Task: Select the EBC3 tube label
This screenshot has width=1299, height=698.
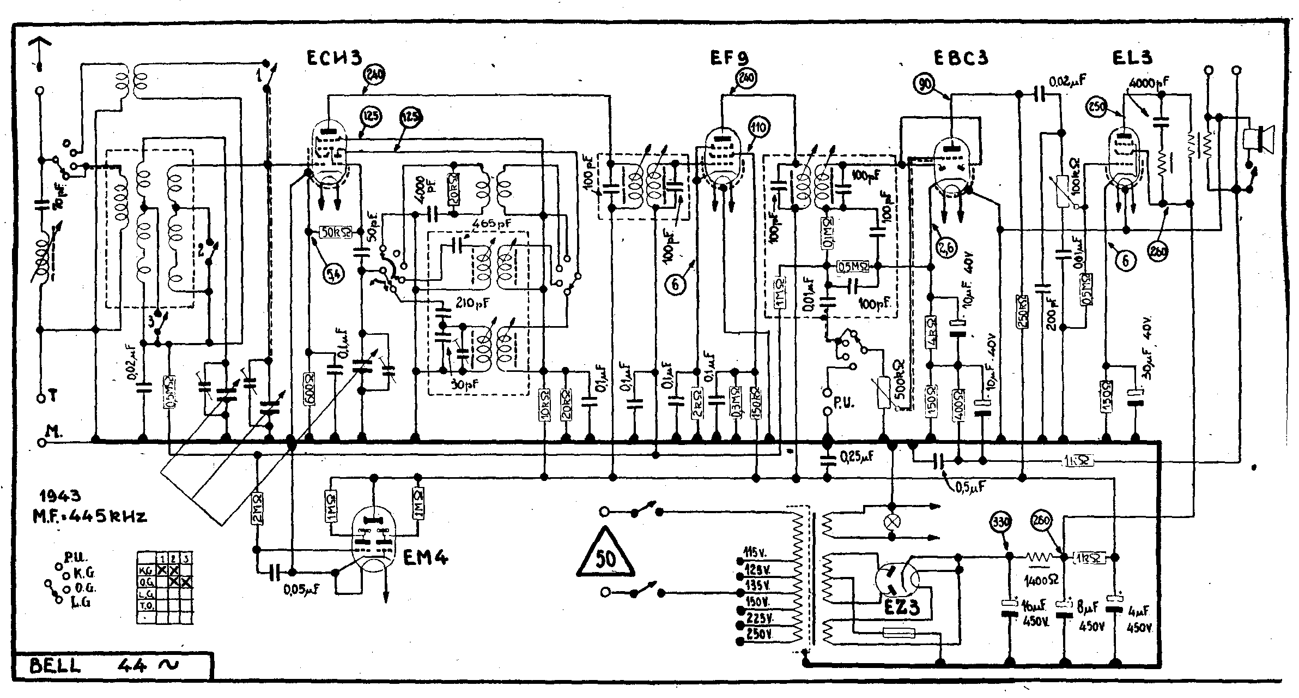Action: (960, 58)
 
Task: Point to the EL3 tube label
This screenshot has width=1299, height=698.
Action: (1132, 57)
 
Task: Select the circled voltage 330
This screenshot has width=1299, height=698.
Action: (1001, 522)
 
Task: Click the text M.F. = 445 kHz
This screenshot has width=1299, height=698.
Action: (89, 515)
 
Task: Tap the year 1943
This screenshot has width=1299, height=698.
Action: (60, 496)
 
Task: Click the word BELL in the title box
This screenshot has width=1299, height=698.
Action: (54, 666)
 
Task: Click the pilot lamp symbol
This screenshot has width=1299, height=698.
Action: (892, 522)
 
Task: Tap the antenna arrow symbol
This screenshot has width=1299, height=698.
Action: (39, 52)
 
